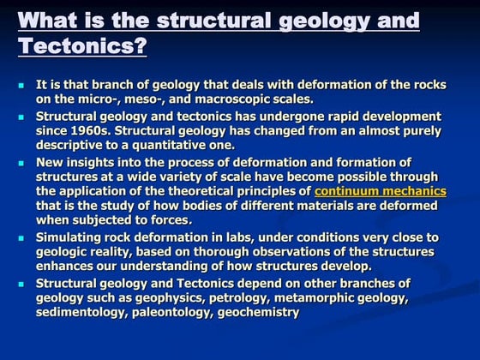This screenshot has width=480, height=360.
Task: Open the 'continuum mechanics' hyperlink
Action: (x=381, y=191)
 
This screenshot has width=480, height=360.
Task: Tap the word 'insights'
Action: (x=92, y=162)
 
